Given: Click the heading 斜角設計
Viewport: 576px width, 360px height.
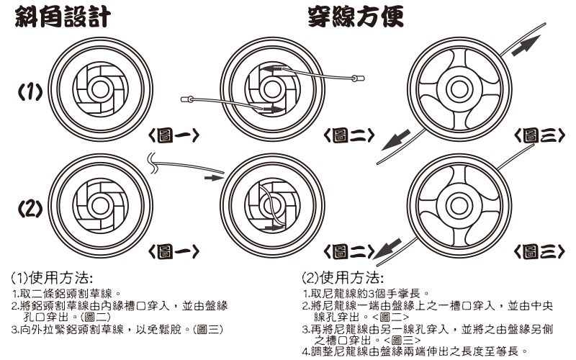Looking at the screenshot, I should pos(63,16).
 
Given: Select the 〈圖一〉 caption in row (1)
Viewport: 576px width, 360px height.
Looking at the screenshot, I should pos(173,135).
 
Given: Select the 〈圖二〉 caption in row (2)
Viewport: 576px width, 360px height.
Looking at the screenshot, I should pos(348,251).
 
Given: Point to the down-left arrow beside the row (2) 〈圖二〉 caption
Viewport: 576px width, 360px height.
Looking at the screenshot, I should pos(389,250).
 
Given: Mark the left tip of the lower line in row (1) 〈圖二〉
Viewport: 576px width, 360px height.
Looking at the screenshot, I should pos(184,99).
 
